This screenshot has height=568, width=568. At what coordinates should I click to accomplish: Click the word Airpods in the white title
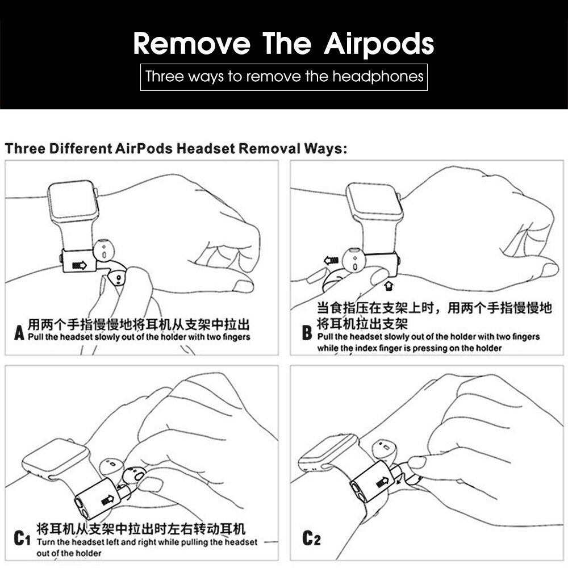379,44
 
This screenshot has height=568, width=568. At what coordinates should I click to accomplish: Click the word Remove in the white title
191,44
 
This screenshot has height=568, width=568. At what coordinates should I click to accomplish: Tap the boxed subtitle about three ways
284,77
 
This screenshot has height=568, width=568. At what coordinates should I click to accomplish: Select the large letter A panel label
19,332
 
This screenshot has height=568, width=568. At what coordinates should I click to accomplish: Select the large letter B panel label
307,332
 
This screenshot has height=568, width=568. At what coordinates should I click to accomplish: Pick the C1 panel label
22,538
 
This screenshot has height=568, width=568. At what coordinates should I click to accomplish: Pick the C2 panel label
311,538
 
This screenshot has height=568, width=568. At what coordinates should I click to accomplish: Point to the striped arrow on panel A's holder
80,265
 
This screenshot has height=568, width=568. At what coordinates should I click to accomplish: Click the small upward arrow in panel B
389,286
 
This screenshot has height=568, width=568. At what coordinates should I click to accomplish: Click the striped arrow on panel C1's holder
107,500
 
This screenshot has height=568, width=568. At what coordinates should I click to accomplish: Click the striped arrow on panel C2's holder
382,482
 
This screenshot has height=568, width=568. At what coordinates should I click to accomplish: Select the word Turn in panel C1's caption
45,542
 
